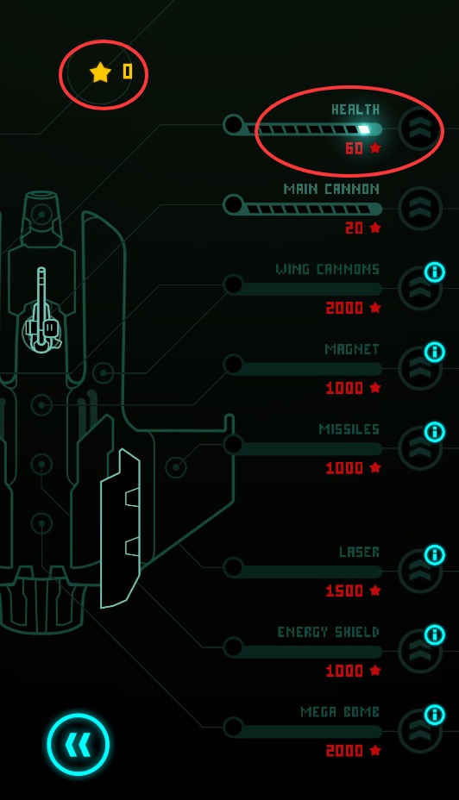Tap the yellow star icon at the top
click(101, 72)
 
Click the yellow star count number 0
click(128, 72)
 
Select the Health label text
click(355, 109)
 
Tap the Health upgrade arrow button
click(419, 128)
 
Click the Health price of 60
click(355, 148)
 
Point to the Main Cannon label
click(331, 189)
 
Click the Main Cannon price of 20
click(355, 228)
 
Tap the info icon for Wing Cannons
click(435, 272)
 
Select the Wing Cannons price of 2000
click(344, 308)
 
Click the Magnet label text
click(352, 349)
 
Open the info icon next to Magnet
click(435, 352)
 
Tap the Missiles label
click(349, 429)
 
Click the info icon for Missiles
click(435, 432)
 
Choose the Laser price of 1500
click(344, 591)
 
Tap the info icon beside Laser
click(435, 554)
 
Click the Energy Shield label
click(329, 632)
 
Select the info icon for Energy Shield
click(435, 634)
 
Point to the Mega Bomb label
click(340, 712)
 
